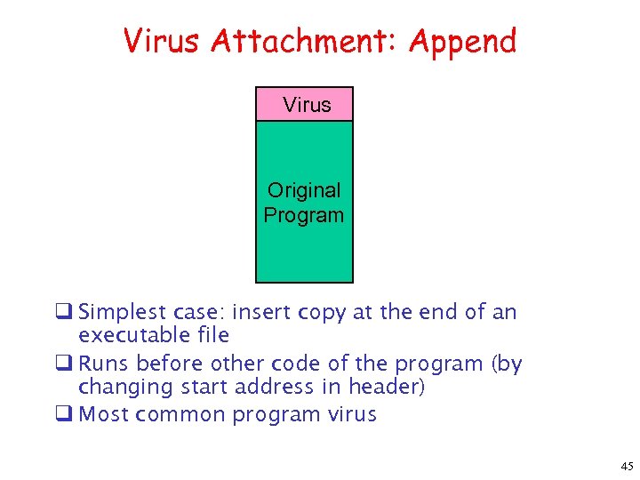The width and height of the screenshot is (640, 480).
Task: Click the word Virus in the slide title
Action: point(160,41)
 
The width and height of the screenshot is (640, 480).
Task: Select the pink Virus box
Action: point(304,104)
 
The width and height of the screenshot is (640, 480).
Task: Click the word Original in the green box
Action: point(304,190)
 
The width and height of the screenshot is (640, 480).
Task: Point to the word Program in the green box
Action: point(304,215)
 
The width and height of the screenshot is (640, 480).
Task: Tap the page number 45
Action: point(627,466)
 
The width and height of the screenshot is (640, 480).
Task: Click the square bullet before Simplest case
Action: point(65,313)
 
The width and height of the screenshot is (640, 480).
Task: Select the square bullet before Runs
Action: point(65,364)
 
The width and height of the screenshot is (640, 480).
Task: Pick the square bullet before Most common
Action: point(65,415)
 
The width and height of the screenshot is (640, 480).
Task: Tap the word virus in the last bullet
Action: point(353,415)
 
